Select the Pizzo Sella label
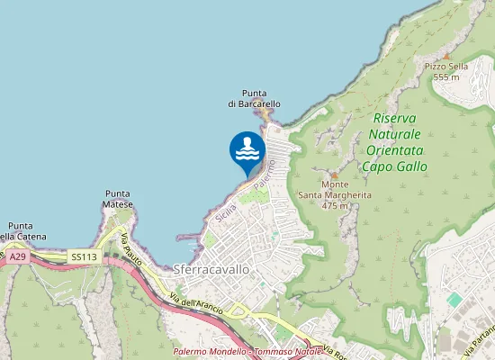click(x=446, y=67)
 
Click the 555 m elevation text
click(x=446, y=77)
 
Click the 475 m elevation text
click(x=335, y=205)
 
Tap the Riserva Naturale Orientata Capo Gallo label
click(x=394, y=142)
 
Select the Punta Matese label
click(x=119, y=199)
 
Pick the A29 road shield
click(x=19, y=256)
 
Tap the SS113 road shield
click(x=84, y=257)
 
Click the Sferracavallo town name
click(x=210, y=269)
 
